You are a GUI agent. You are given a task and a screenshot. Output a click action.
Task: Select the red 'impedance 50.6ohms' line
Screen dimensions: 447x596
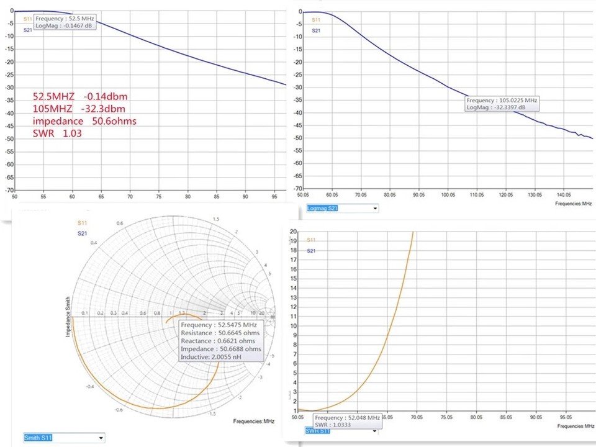pyautogui.click(x=84, y=121)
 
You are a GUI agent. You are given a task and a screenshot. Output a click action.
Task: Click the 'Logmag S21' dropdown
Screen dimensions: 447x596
pyautogui.click(x=342, y=208)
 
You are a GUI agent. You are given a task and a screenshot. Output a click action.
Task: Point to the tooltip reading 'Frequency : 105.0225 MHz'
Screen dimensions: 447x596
pyautogui.click(x=502, y=100)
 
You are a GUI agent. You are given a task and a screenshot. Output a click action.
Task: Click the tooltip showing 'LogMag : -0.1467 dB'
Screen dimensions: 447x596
pyautogui.click(x=64, y=26)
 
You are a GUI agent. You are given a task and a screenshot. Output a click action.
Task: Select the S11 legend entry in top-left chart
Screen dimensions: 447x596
pyautogui.click(x=27, y=20)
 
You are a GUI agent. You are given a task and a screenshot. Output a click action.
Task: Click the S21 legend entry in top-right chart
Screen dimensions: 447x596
pyautogui.click(x=316, y=30)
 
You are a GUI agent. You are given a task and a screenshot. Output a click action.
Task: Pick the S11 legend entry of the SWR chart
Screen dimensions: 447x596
pyautogui.click(x=312, y=240)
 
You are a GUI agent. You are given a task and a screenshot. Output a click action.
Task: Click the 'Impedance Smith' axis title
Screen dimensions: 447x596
pyautogui.click(x=68, y=317)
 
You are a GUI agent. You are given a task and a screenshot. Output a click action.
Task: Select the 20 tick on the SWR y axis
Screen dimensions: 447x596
pyautogui.click(x=294, y=230)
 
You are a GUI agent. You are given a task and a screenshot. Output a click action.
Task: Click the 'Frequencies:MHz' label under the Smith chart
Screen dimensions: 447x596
pyautogui.click(x=254, y=422)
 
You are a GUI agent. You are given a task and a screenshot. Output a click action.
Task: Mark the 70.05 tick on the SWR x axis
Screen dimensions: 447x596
pyautogui.click(x=416, y=417)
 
